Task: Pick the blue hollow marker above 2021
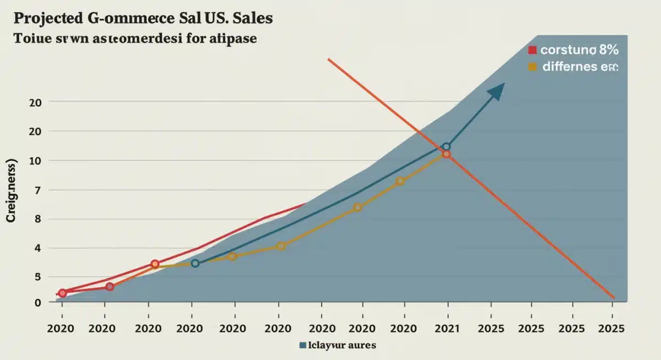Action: pyautogui.click(x=446, y=147)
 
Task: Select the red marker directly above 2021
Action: pyautogui.click(x=446, y=155)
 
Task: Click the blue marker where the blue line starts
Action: pyautogui.click(x=195, y=263)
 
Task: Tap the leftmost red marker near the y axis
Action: pyautogui.click(x=62, y=293)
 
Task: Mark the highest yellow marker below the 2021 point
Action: pyautogui.click(x=400, y=181)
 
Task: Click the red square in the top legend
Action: pyautogui.click(x=532, y=50)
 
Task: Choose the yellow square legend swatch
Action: pyautogui.click(x=532, y=67)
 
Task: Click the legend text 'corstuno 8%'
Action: pyautogui.click(x=579, y=50)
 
